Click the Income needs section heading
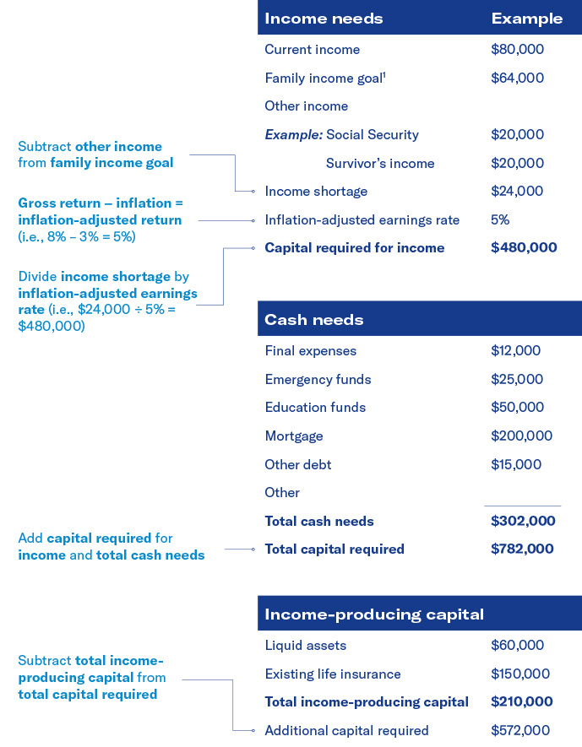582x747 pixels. point(324,19)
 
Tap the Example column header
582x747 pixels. point(526,19)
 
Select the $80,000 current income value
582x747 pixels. point(517,50)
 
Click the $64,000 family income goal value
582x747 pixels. point(517,78)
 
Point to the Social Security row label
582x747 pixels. point(372,135)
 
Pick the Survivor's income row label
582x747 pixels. point(380,164)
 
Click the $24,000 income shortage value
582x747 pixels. point(517,192)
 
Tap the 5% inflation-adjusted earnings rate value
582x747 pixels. point(500,220)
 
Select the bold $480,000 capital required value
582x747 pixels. point(524,248)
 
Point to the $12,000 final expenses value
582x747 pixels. point(515,351)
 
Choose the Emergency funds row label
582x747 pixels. point(318,380)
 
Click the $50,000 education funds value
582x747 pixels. point(517,408)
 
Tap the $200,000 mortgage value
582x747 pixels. point(521,436)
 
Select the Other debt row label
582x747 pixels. point(298,465)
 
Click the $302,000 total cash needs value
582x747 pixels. point(523,522)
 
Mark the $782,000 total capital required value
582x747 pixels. point(522,549)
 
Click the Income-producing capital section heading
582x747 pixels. point(374,614)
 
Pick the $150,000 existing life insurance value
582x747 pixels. point(520,674)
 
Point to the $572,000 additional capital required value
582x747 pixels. point(520,731)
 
